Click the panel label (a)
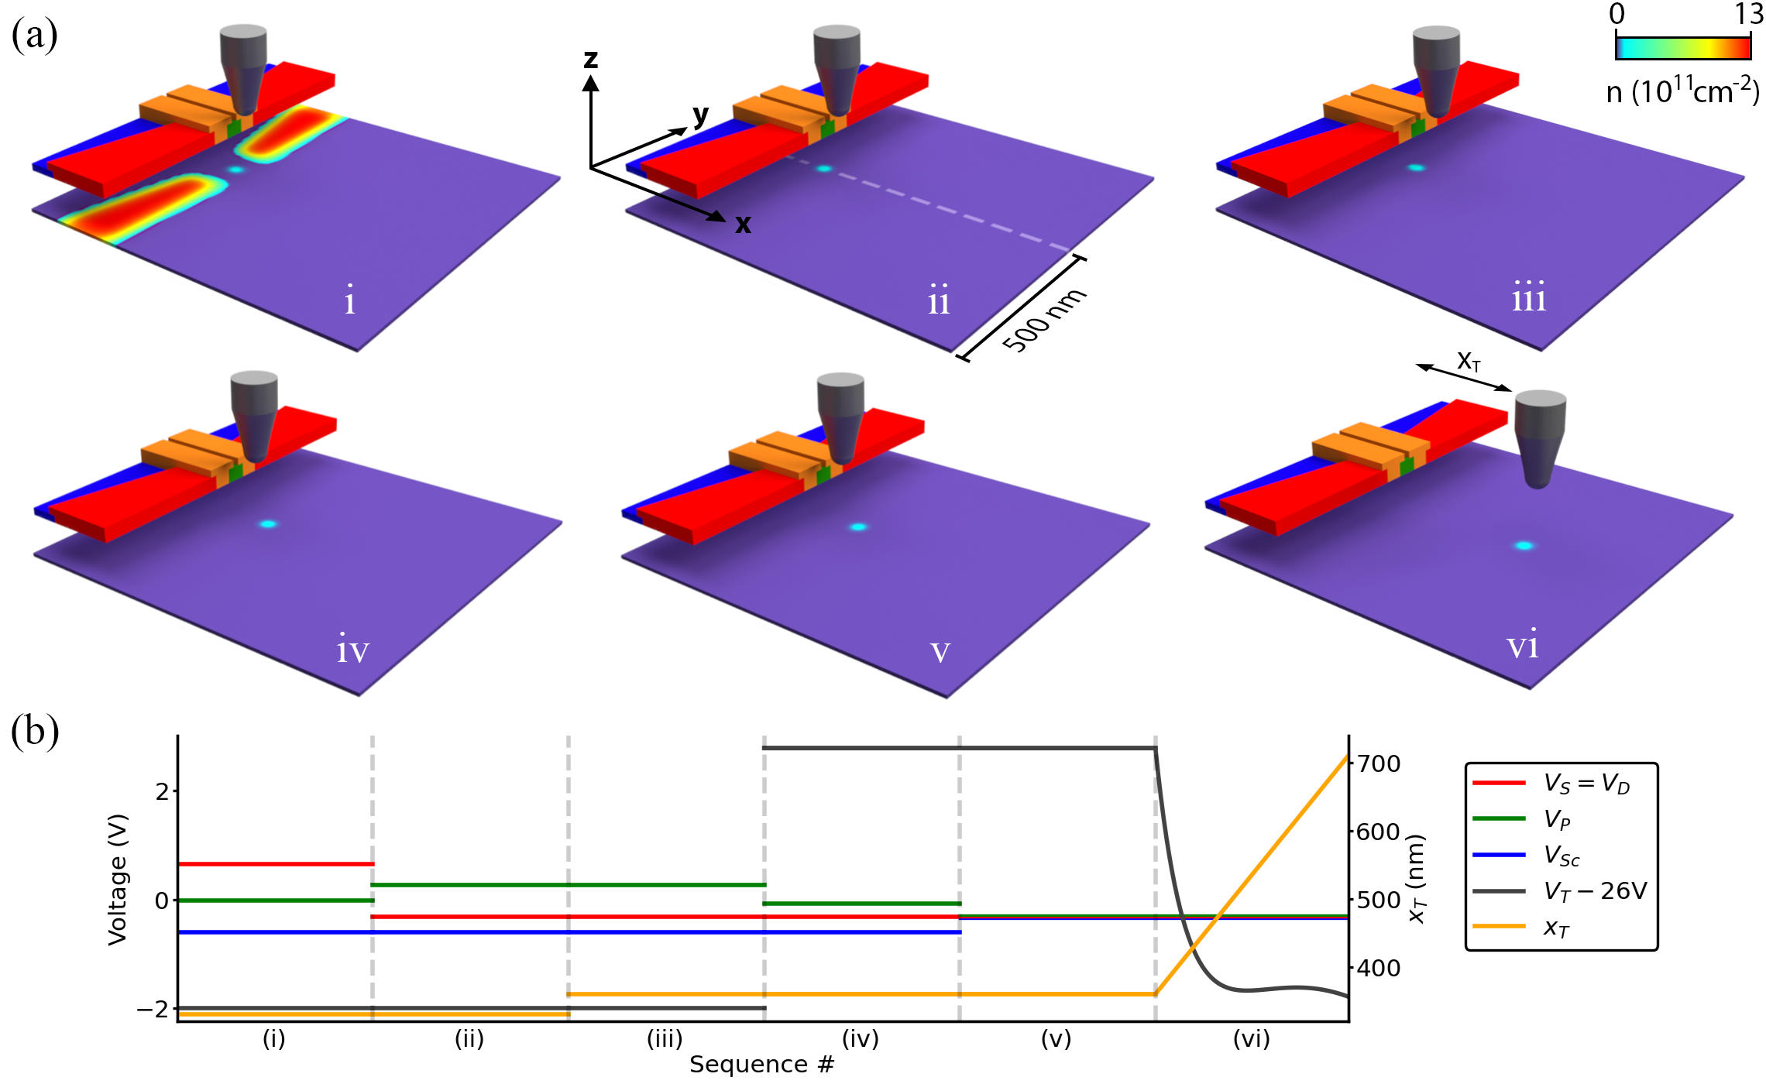point(34,36)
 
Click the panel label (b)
point(35,731)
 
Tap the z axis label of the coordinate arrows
point(591,59)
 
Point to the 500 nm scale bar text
point(1044,320)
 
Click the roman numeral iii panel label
point(1528,297)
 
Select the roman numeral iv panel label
point(352,649)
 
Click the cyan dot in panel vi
point(1524,546)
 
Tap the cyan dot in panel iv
point(268,524)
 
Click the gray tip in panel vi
point(1540,437)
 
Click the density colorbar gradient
point(1682,48)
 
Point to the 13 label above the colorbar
point(1748,14)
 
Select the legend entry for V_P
point(1557,819)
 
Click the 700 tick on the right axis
point(1379,764)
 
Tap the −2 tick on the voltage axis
point(153,1010)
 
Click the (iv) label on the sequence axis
point(861,1038)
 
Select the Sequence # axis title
point(761,1065)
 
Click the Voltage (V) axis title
point(118,879)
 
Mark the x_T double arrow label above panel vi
point(1469,361)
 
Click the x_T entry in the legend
point(1556,928)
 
